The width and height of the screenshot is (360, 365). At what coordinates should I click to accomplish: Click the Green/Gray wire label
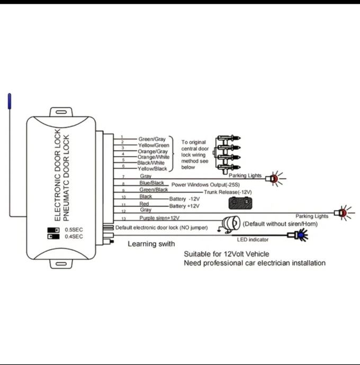(x=152, y=139)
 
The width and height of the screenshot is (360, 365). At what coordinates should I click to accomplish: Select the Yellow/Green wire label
(x=154, y=145)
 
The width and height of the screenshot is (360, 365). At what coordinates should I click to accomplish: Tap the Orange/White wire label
(x=154, y=157)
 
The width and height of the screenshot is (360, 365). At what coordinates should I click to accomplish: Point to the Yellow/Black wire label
(x=153, y=168)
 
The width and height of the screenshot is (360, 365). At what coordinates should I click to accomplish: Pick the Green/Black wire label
(x=154, y=189)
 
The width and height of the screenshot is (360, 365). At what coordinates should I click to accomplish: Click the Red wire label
(x=144, y=203)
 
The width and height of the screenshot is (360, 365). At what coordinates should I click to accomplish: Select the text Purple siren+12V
(x=160, y=218)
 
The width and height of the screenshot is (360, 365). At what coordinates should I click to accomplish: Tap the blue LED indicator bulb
(x=300, y=235)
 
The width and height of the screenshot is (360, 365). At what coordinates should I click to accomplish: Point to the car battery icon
(x=240, y=203)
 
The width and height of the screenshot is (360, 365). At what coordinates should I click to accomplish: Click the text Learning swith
(x=151, y=244)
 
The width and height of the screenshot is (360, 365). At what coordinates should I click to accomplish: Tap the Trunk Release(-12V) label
(x=228, y=192)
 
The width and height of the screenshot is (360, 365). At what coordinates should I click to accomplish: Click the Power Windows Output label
(x=207, y=185)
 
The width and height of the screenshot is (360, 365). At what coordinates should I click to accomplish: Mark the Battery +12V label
(x=184, y=206)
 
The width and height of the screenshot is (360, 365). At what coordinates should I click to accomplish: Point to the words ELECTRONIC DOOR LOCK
(x=58, y=174)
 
